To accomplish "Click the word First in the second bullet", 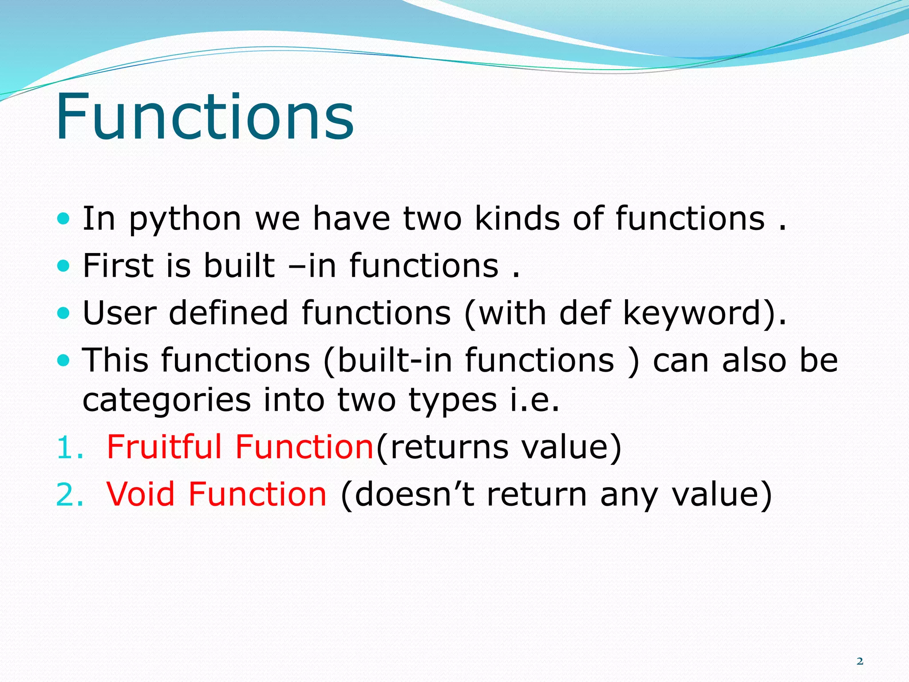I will pyautogui.click(x=118, y=266).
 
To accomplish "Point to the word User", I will pyautogui.click(x=119, y=313).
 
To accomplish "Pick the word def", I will pyautogui.click(x=585, y=313).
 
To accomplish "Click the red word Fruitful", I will pyautogui.click(x=164, y=447).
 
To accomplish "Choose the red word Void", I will pyautogui.click(x=141, y=494).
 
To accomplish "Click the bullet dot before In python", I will pyautogui.click(x=64, y=218).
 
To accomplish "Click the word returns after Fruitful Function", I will pyautogui.click(x=449, y=448).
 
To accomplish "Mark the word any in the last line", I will pyautogui.click(x=628, y=495).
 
